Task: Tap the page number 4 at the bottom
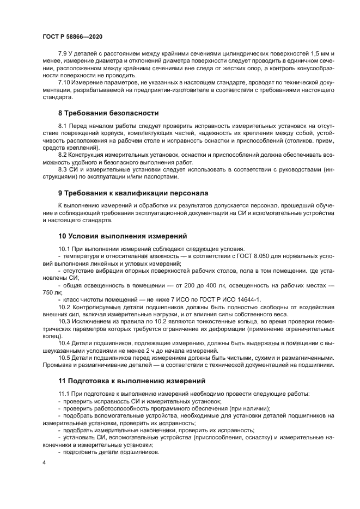click(45, 462)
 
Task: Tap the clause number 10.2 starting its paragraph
click(64, 306)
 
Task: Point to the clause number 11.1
click(64, 393)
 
